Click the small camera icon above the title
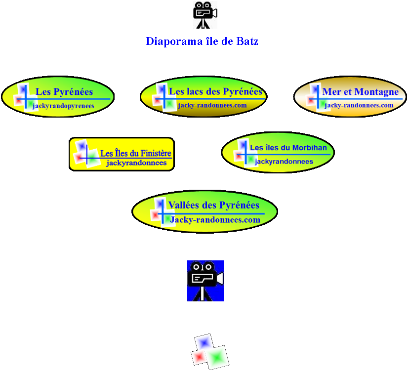(x=205, y=14)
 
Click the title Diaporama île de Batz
(x=202, y=42)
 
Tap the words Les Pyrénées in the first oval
(x=64, y=91)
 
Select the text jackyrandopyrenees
(x=63, y=106)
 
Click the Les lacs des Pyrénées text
(x=215, y=91)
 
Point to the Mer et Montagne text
(x=360, y=92)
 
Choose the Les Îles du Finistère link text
(x=136, y=153)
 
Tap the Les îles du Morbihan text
(x=288, y=148)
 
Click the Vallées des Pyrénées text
(x=213, y=205)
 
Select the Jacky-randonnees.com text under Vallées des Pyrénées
(x=215, y=220)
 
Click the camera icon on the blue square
(x=205, y=281)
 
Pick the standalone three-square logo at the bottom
(x=210, y=352)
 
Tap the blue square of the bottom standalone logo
(x=204, y=342)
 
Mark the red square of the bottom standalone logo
(x=199, y=356)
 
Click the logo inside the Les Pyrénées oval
(x=24, y=97)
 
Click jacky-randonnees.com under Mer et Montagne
(x=359, y=105)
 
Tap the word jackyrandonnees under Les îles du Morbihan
(x=284, y=162)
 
